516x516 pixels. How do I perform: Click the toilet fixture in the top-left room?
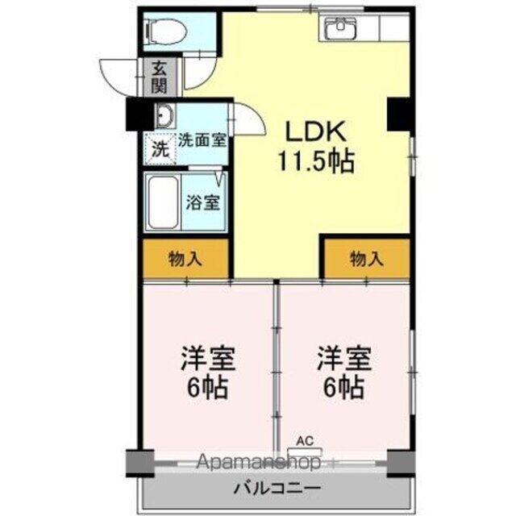click(x=165, y=31)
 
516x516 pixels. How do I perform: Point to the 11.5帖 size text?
click(x=317, y=162)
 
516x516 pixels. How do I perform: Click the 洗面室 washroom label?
click(x=201, y=139)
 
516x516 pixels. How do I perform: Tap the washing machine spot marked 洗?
click(x=161, y=148)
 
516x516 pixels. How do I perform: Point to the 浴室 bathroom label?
click(x=202, y=202)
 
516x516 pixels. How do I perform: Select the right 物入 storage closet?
click(x=367, y=259)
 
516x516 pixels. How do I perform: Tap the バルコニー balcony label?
click(x=277, y=488)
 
